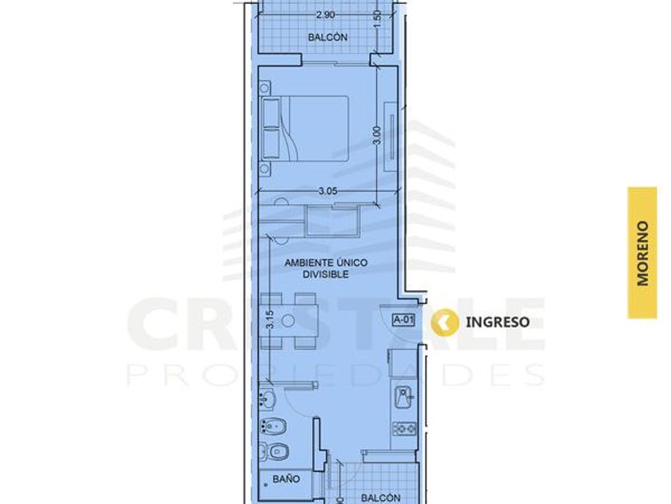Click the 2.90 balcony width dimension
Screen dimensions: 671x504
325,15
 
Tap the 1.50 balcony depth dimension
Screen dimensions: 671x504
377,20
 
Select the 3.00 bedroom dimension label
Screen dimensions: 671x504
377,134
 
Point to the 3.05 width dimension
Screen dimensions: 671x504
328,191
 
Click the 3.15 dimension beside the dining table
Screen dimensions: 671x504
269,320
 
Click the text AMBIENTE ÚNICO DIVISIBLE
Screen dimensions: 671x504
326,268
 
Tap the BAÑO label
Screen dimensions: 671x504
286,478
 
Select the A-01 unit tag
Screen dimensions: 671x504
403,320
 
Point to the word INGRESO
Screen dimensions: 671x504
498,322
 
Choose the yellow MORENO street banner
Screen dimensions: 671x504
642,253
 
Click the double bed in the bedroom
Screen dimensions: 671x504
304,128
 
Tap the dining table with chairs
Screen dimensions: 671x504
288,321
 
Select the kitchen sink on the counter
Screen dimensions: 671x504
404,397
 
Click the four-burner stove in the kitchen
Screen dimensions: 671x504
404,428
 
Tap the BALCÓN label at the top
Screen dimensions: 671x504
328,38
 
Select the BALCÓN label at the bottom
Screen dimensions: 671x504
381,498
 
